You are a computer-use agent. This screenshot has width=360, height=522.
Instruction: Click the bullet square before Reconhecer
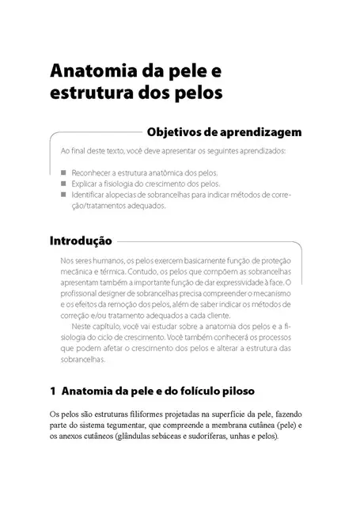tap(63, 171)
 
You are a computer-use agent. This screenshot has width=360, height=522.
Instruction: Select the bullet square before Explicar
tap(63, 182)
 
